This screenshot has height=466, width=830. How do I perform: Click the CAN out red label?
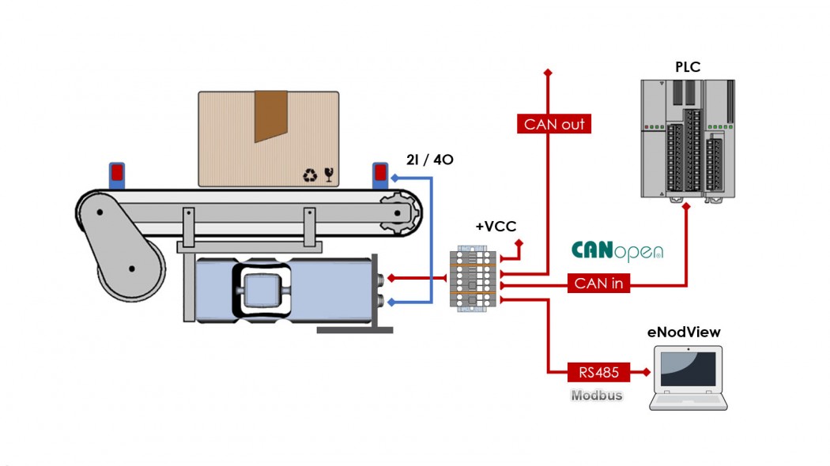[555, 124]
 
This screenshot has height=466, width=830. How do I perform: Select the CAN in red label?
[598, 284]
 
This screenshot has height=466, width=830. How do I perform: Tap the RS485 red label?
[598, 371]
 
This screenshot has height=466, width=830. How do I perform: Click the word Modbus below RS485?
[596, 395]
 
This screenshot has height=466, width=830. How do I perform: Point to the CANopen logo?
[617, 251]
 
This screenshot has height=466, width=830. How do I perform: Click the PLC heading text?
[687, 66]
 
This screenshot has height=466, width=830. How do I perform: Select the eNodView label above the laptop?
[684, 333]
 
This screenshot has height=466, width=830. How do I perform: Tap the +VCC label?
[495, 226]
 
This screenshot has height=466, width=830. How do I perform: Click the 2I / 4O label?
[430, 160]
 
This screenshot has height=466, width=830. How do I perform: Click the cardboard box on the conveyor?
[269, 139]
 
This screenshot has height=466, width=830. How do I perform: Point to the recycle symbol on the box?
[310, 175]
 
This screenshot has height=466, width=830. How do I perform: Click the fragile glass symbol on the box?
[329, 175]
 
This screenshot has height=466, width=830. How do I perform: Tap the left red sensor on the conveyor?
[117, 175]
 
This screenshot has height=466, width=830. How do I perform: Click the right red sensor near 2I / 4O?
[380, 175]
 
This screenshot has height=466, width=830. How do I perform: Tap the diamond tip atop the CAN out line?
[547, 73]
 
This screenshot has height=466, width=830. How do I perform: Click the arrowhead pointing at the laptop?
[644, 371]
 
